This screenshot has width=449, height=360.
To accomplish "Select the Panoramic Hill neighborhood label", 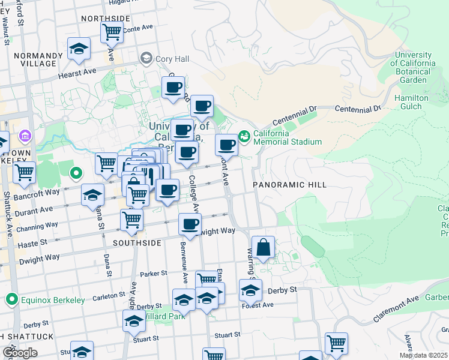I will click(289, 185).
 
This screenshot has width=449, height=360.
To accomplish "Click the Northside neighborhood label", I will click(105, 19).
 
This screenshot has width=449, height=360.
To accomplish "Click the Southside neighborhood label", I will click(137, 243).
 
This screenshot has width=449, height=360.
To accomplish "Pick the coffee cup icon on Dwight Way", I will click(190, 225).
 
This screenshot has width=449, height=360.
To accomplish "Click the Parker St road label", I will click(154, 274).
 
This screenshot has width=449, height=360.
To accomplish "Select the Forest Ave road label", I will click(258, 305).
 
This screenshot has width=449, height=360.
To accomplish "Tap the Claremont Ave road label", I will click(396, 307).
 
